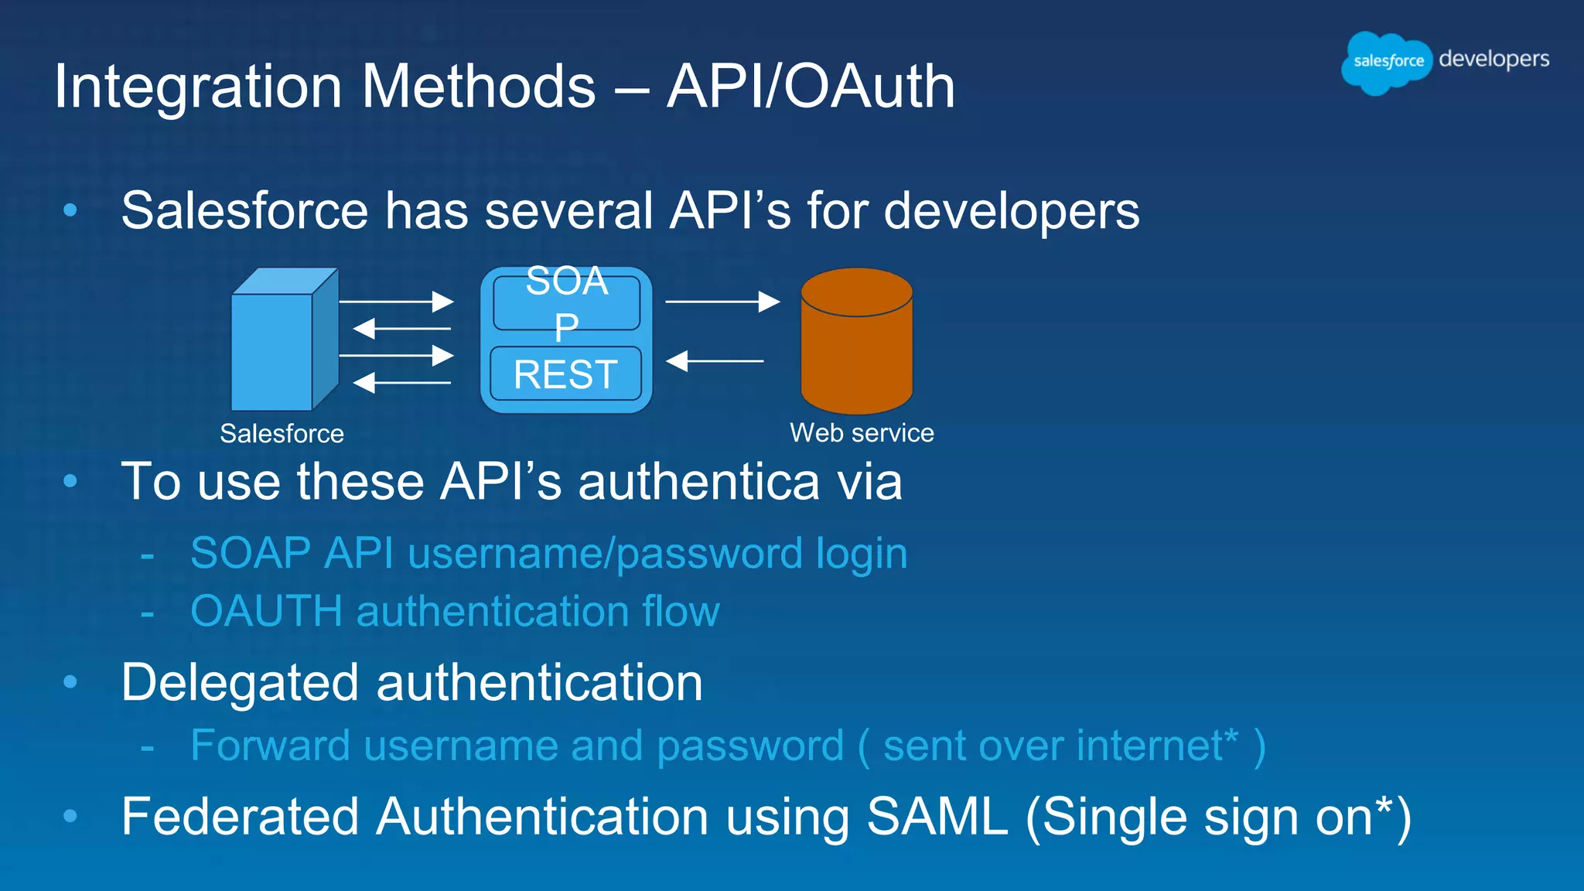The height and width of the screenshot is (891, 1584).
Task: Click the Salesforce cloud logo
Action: click(1387, 62)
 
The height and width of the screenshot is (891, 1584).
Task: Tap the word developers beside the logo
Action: click(1494, 60)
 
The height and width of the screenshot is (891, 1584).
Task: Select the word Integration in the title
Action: click(198, 87)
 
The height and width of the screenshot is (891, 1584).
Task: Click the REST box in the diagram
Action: click(565, 374)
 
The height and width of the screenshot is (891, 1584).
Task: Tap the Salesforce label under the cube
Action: click(282, 434)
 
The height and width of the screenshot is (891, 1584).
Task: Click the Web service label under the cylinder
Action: click(862, 433)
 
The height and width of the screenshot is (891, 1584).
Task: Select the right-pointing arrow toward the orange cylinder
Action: click(722, 302)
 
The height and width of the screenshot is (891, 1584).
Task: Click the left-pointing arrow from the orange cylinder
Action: click(715, 360)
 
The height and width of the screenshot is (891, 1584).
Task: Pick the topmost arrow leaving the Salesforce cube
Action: click(396, 302)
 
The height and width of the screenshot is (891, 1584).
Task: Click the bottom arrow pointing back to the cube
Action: click(401, 382)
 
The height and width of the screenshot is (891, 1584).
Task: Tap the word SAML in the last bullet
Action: click(937, 817)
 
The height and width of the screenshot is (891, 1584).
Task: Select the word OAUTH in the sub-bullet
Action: click(266, 611)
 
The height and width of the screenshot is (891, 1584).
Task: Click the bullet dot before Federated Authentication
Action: click(70, 815)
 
